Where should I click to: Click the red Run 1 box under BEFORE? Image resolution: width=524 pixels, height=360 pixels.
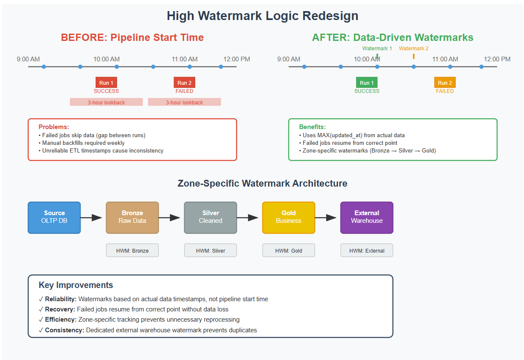(x=106, y=83)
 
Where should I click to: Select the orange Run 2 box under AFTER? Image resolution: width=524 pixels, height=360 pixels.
(x=445, y=83)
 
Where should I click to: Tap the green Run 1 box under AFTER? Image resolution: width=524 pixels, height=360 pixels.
(x=367, y=83)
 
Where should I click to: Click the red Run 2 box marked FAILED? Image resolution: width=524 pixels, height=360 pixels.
(x=184, y=83)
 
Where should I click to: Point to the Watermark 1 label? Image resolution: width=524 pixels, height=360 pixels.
(x=377, y=49)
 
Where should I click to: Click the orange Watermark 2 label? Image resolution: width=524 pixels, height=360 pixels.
(x=414, y=49)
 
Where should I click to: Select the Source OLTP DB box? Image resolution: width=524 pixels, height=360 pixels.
(x=54, y=217)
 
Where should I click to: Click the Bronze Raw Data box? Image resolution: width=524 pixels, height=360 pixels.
(x=132, y=217)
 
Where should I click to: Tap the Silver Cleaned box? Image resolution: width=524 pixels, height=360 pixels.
(x=210, y=217)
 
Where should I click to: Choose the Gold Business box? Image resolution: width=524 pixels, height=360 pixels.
(x=288, y=217)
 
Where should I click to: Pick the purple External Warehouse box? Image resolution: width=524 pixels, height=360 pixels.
(x=367, y=217)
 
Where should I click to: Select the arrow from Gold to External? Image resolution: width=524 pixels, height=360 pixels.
(x=326, y=218)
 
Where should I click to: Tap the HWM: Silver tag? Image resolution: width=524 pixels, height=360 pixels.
(x=210, y=251)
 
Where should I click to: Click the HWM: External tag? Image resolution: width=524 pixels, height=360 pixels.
(x=367, y=251)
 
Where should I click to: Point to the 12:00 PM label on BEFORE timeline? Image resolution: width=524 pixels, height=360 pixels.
(x=237, y=59)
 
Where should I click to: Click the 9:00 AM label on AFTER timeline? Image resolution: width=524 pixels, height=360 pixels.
(x=289, y=59)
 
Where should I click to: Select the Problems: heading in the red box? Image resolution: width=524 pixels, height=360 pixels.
(x=54, y=127)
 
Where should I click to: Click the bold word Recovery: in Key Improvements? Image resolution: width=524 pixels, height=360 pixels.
(x=60, y=309)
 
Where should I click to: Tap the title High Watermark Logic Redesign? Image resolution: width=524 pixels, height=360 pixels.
(x=262, y=16)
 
